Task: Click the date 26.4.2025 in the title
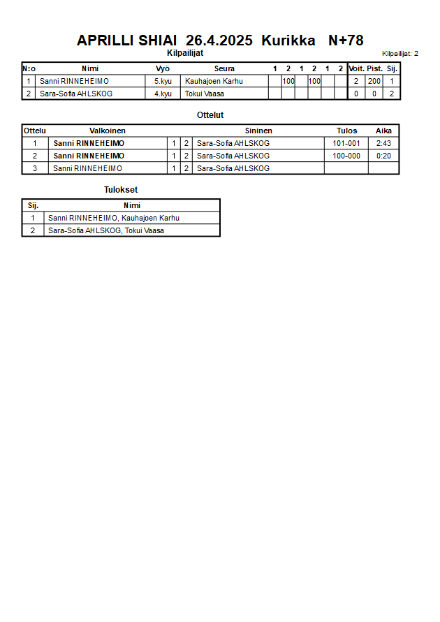coord(219,40)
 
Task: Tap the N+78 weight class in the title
coord(346,40)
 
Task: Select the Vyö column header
coord(163,68)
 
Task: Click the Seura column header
coord(224,68)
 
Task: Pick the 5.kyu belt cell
coord(163,81)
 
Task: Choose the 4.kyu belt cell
coord(163,94)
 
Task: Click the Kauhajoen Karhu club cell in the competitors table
coord(214,81)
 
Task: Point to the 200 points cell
coord(374,81)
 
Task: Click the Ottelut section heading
coord(211,115)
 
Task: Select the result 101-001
coord(346,143)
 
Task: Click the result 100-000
coord(346,156)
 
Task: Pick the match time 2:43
coord(383,143)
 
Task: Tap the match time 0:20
coord(383,156)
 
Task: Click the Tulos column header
coord(346,131)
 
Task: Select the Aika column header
coord(383,131)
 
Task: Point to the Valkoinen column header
coord(108,131)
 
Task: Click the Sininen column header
coord(258,131)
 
